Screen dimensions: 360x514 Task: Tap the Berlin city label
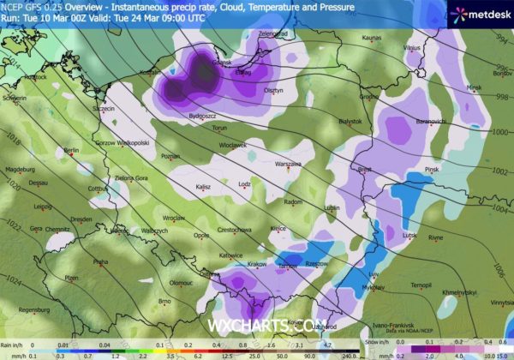tap(70, 150)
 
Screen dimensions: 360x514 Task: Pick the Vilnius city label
tap(412, 38)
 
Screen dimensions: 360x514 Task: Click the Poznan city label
tap(170, 157)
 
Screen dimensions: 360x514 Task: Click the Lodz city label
tap(245, 183)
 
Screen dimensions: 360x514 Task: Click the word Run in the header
tap(8, 16)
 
